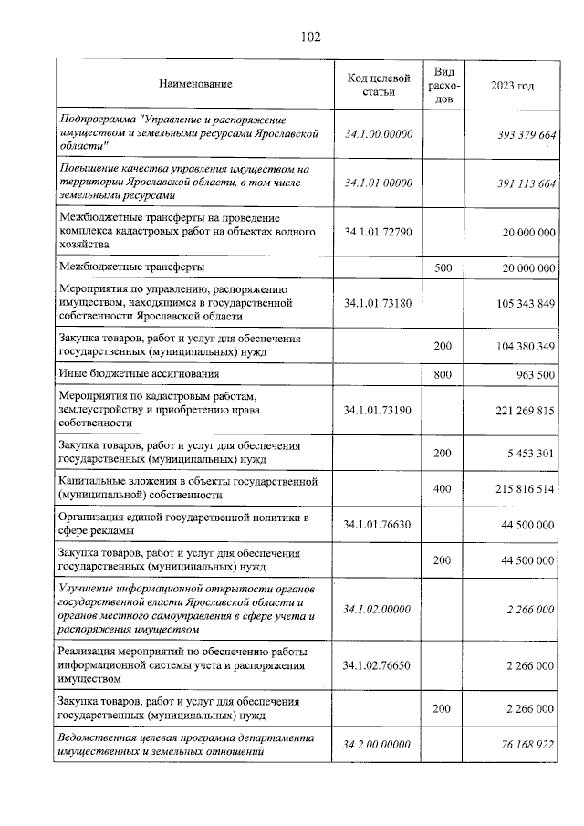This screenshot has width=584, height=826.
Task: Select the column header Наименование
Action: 195,84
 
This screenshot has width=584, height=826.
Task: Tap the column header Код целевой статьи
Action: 379,84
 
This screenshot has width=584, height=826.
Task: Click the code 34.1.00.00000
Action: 379,134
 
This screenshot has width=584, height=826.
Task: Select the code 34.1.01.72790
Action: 379,232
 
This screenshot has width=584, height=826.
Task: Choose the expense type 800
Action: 443,374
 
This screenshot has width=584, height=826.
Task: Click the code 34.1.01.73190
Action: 379,411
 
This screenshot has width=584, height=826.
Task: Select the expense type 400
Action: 443,488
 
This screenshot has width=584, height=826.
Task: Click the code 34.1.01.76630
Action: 379,525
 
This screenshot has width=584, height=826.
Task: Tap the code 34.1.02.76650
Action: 379,665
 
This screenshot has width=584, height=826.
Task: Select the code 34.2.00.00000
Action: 379,745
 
